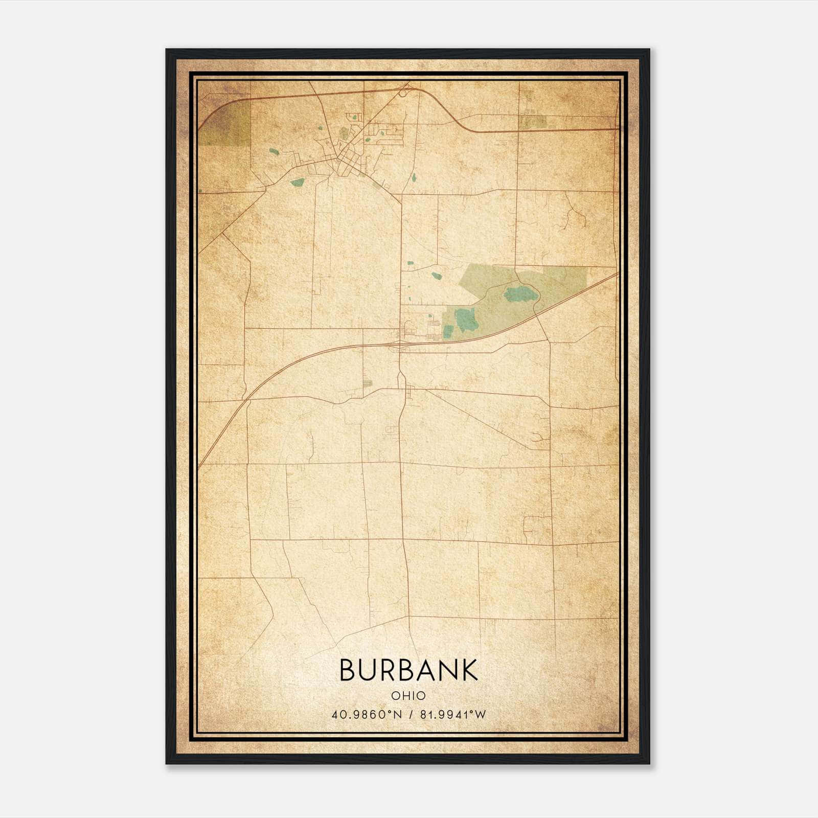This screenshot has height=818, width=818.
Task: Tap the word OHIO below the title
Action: tap(408, 695)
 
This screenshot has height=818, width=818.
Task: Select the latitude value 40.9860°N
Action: tap(367, 714)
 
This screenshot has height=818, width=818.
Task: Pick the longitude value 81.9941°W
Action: tap(452, 714)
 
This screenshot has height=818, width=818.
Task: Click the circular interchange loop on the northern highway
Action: tap(403, 93)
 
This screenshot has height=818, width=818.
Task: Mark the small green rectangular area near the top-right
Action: tap(533, 122)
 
